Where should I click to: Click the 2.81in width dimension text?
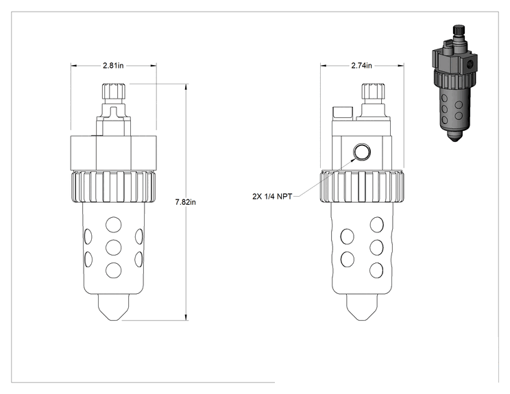tap(113, 65)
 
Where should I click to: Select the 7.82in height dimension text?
tap(185, 202)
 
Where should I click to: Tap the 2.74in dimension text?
tap(361, 65)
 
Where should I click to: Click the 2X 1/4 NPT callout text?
tap(272, 197)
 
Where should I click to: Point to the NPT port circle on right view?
tap(362, 152)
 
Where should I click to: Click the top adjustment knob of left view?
tap(114, 92)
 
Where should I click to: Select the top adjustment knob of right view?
tap(374, 92)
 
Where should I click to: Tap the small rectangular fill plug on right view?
tap(342, 114)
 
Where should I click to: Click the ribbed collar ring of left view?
tap(114, 187)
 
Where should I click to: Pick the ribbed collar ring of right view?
tap(362, 187)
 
